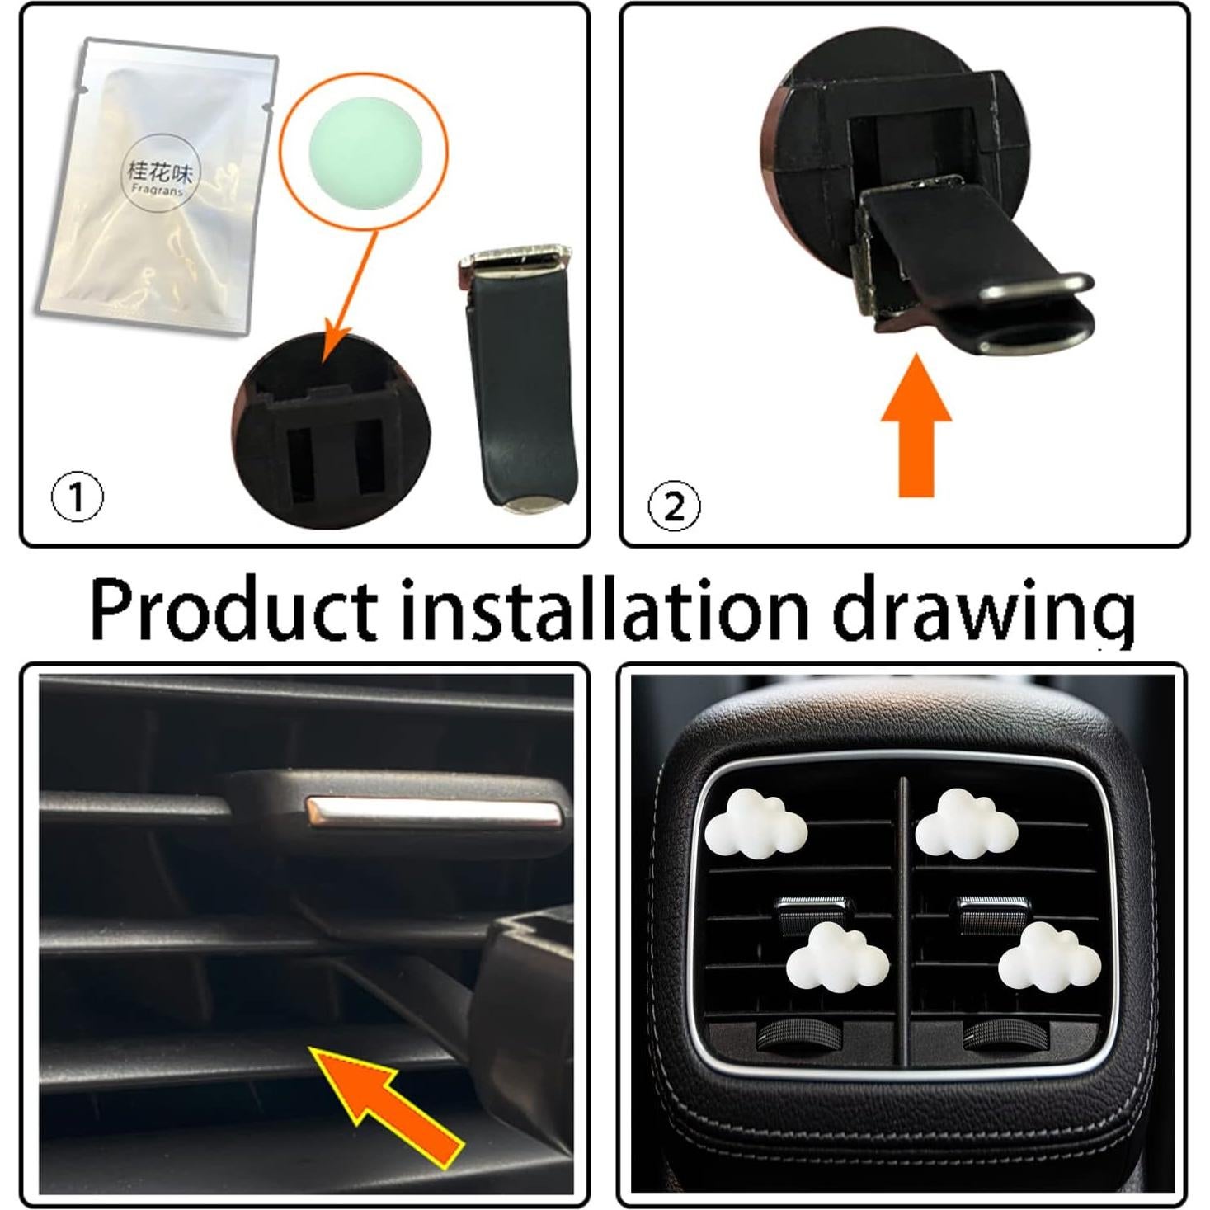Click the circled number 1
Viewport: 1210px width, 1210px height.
coord(78,497)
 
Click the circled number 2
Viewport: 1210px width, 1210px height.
coord(674,506)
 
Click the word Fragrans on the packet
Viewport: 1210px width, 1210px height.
coord(158,190)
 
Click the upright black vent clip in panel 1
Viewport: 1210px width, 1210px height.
coord(518,379)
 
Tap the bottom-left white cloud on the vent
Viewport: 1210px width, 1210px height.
coord(837,956)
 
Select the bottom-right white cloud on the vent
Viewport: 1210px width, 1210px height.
coord(1048,956)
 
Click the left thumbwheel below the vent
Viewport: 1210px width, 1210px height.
coord(794,1036)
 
